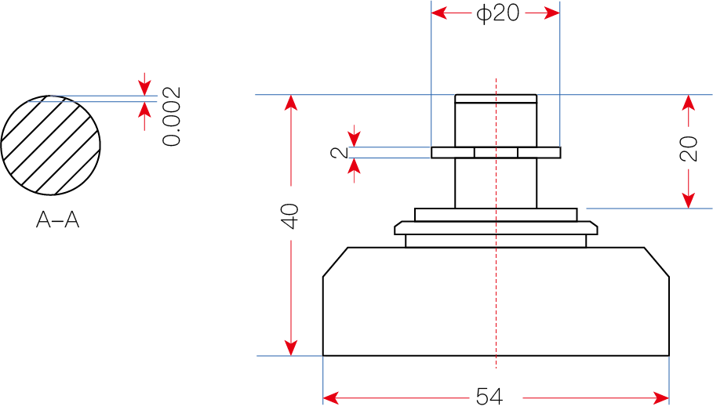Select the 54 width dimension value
click(x=489, y=397)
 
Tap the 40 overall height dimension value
click(x=291, y=216)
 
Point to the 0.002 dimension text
click(x=172, y=116)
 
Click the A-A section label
click(x=58, y=221)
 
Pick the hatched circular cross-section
click(x=51, y=145)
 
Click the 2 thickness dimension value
click(x=340, y=152)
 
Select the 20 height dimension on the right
click(x=689, y=149)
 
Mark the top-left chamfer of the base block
click(x=335, y=261)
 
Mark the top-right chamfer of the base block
click(x=657, y=261)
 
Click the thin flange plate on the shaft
click(x=496, y=152)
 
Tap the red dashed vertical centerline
click(x=496, y=314)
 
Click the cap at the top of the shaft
click(x=496, y=99)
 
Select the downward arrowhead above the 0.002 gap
click(x=144, y=85)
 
